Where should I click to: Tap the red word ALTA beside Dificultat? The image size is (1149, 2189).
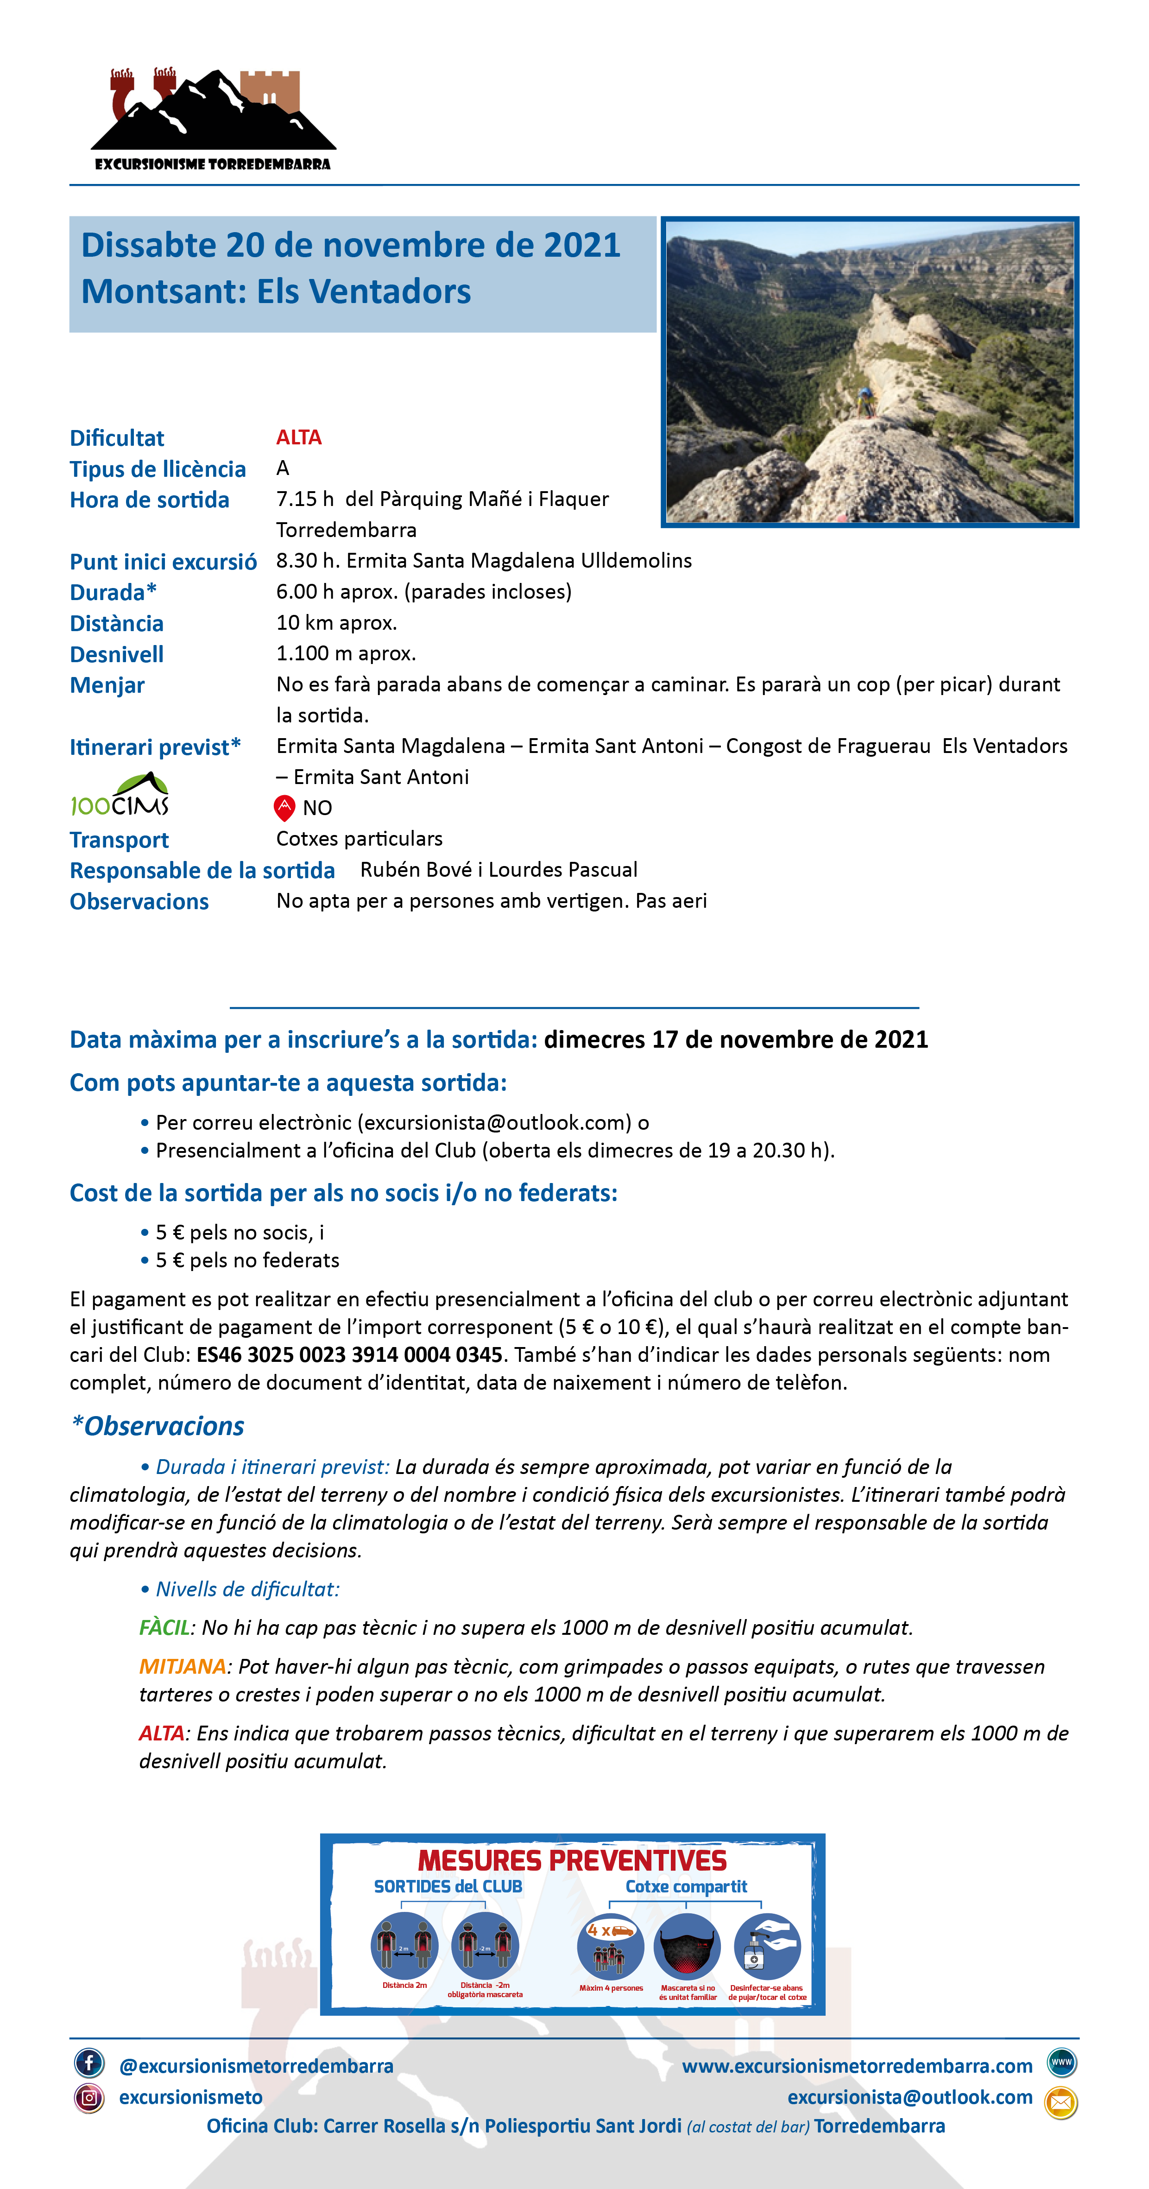coord(298,437)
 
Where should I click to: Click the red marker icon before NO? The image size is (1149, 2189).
coord(284,807)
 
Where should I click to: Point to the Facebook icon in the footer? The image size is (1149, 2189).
coord(89,2062)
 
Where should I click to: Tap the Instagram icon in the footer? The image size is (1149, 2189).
coord(89,2097)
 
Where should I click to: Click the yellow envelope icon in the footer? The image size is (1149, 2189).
coord(1061,2102)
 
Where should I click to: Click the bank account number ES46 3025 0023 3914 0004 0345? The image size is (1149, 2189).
coord(349,1354)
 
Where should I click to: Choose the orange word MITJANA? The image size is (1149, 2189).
coord(183,1666)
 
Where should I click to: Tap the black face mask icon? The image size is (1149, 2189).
coord(687,1946)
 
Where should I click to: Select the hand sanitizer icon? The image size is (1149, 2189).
coord(767,1946)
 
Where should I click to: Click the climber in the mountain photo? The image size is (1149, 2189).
coord(865,402)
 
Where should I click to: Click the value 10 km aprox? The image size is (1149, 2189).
coord(336,623)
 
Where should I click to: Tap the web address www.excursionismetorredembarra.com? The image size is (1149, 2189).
coord(857,2066)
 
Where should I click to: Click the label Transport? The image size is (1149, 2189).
coord(119,840)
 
